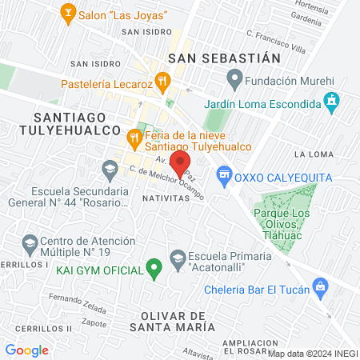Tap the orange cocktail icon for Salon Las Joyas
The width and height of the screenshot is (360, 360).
[69, 13]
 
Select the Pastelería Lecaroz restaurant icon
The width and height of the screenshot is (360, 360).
[162, 80]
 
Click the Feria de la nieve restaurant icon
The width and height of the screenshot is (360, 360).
[134, 140]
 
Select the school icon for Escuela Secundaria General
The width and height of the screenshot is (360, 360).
[110, 169]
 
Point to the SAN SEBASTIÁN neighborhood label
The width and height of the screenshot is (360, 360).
[225, 58]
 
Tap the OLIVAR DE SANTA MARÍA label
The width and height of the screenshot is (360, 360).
[174, 321]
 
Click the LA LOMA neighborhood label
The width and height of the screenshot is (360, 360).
[313, 154]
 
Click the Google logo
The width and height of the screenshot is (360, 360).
[27, 350]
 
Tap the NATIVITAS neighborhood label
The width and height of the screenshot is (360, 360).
[166, 197]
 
